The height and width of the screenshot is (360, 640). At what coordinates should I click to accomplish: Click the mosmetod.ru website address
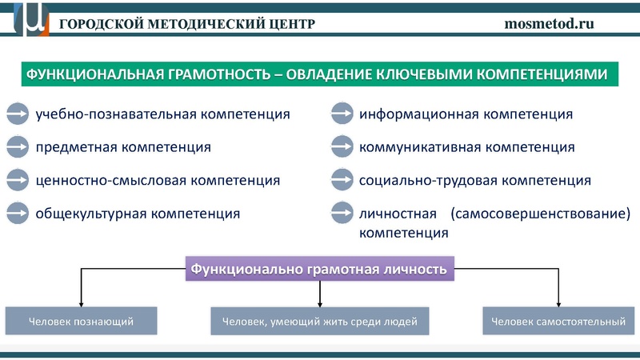550,23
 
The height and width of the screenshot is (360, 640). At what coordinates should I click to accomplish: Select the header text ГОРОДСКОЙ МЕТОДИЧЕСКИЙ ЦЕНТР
187,23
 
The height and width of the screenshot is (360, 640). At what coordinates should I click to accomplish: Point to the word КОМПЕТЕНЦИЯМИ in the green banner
546,75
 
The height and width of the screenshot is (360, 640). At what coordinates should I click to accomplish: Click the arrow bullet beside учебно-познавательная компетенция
18,114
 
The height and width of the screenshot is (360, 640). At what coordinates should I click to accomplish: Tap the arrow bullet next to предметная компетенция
18,147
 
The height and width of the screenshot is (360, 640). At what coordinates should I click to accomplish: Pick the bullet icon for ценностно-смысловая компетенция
18,180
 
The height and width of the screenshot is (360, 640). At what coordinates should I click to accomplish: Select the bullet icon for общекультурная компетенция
18,214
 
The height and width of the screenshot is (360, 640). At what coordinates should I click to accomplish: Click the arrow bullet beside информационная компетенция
342,114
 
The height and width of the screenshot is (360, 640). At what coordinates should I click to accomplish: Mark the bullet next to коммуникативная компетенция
342,147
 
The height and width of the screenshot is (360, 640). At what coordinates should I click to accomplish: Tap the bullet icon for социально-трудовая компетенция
342,180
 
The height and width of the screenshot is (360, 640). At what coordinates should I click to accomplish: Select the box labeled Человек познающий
81,321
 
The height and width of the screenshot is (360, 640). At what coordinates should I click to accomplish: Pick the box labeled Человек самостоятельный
558,321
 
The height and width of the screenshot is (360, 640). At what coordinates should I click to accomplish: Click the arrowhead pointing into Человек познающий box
81,302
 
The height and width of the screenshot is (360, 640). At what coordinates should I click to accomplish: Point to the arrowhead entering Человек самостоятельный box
558,302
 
